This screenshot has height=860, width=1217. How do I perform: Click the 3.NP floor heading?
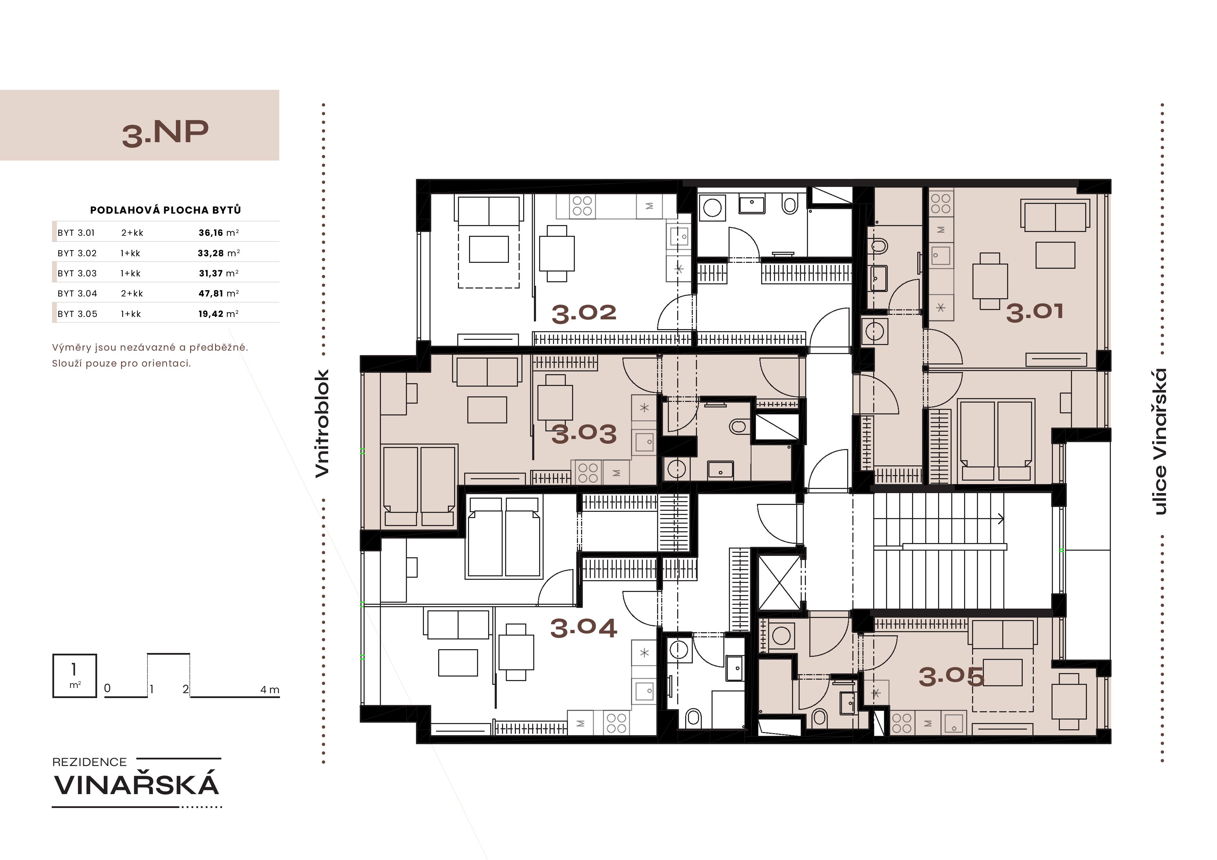click(165, 133)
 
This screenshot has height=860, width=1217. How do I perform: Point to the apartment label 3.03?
click(584, 434)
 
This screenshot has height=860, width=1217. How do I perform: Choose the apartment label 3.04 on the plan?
click(584, 628)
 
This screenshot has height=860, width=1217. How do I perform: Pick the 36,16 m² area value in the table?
click(218, 233)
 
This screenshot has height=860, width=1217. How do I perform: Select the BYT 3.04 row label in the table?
click(77, 294)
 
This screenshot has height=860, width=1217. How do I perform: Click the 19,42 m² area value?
click(218, 314)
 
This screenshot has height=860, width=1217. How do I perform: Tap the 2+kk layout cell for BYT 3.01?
click(132, 233)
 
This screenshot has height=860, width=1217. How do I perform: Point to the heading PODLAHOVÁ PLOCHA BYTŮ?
click(165, 210)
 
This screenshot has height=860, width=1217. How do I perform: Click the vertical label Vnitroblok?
click(322, 423)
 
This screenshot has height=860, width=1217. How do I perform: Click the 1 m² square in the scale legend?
click(75, 676)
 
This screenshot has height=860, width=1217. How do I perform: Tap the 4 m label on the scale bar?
click(270, 689)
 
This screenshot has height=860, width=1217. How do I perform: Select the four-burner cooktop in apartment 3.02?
click(582, 206)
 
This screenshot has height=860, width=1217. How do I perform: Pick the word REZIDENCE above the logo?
click(90, 762)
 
